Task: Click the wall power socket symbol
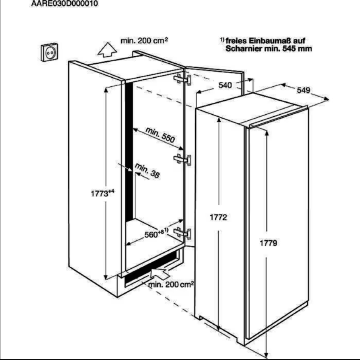pos(49,52)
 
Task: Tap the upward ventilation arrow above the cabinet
pos(107,50)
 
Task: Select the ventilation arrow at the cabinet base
pos(160,272)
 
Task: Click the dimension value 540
pos(225,85)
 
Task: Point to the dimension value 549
pos(304,90)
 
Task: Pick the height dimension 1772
pos(218,217)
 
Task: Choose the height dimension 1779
pos(268,243)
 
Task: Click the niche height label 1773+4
pos(103,193)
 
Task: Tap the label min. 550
pos(160,135)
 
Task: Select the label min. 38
pos(147,171)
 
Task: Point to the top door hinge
pos(182,79)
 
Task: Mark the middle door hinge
pos(182,159)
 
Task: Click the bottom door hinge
pos(182,233)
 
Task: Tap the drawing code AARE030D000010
pos(65,4)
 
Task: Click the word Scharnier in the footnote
pos(243,48)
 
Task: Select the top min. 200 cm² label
pos(144,41)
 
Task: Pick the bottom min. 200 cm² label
pos(171,285)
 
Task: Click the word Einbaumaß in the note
pos(266,41)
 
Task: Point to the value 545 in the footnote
pos(289,48)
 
